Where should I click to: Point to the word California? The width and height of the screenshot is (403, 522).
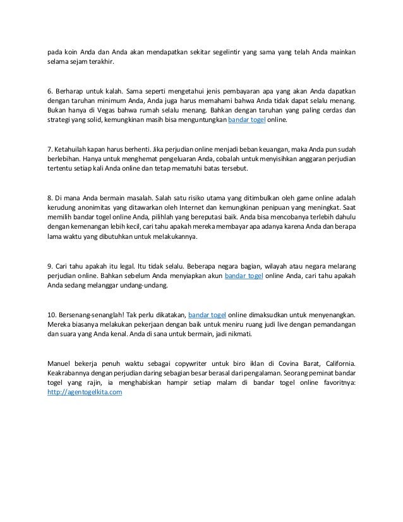click(x=335, y=363)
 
